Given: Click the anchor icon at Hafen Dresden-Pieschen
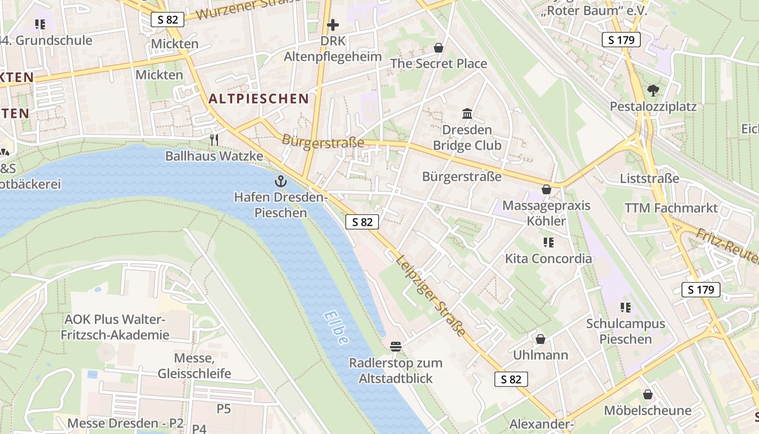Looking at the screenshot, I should tap(281, 181).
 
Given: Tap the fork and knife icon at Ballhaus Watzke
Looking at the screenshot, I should tap(214, 140).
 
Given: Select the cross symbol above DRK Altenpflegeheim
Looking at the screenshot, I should tap(333, 24).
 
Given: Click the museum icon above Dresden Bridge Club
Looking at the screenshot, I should tap(467, 113).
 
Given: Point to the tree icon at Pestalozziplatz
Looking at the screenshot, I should tap(653, 90).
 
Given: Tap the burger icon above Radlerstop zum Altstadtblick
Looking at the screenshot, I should tap(395, 346).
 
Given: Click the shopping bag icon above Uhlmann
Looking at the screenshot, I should tap(541, 339).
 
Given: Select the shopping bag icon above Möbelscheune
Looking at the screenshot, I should tap(647, 394).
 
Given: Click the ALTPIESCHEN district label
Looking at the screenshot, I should tap(259, 98).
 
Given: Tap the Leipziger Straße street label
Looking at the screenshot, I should tap(431, 295).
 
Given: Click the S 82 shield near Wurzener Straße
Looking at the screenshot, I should tap(168, 20).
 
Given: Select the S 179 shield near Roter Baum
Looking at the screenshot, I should tap(621, 40).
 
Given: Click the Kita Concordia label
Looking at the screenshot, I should tap(548, 258).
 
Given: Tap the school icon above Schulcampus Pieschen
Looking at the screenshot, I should tap(626, 308).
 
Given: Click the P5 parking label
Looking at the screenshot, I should tap(224, 409).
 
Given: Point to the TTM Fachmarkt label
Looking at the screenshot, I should tap(671, 208).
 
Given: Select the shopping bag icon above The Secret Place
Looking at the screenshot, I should tap(439, 48).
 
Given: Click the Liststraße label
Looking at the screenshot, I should tap(649, 178).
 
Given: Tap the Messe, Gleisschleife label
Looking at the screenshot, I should tap(194, 366).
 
